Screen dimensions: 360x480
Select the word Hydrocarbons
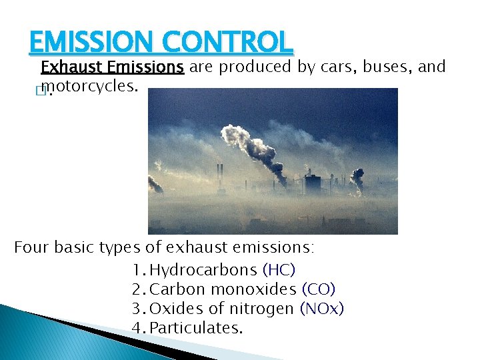coord(203,270)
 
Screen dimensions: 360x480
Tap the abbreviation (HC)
coord(279,270)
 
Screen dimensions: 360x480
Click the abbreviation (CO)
coord(319,289)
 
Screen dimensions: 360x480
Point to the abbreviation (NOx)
coord(322,309)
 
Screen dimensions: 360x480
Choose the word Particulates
coord(197,328)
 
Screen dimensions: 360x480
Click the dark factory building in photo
coord(312,183)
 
